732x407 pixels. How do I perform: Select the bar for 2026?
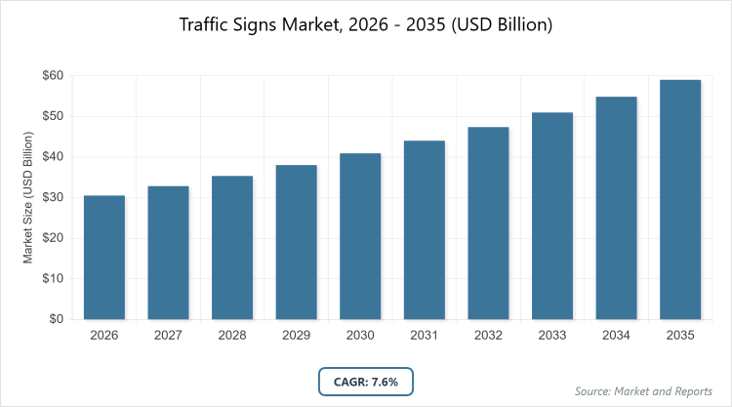(x=103, y=258)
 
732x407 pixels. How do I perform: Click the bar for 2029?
(x=296, y=242)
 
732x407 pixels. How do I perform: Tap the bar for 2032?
(x=488, y=223)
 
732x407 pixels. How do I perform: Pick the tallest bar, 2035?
(x=680, y=199)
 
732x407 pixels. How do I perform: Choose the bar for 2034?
(x=616, y=208)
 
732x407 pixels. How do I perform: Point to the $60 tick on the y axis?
(x=53, y=75)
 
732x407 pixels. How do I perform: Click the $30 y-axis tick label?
(x=53, y=197)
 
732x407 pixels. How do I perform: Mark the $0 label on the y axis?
(x=57, y=319)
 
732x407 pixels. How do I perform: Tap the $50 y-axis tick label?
(x=53, y=116)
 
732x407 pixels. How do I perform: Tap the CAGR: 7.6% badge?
(x=366, y=381)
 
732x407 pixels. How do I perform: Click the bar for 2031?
(x=424, y=229)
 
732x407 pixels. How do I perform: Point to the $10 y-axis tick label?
(x=53, y=278)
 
